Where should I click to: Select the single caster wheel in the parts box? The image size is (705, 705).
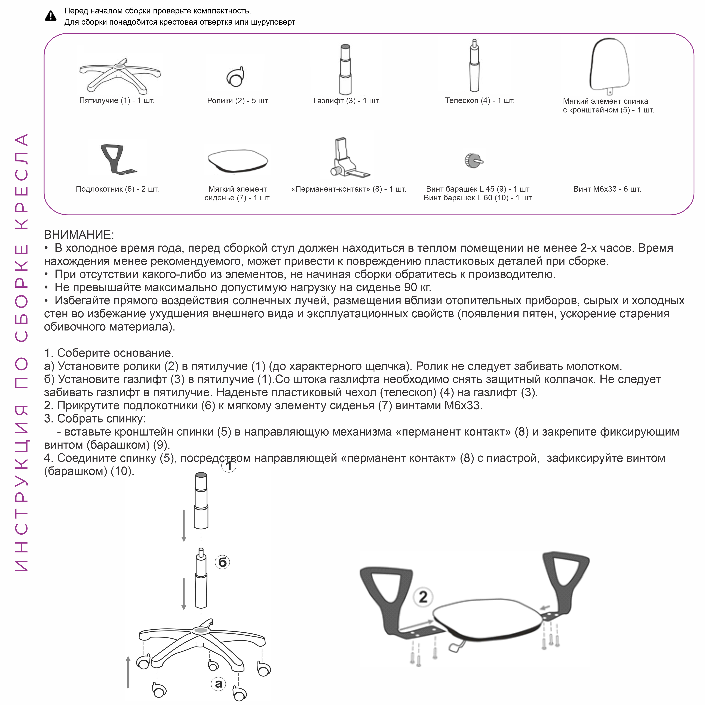[235, 77]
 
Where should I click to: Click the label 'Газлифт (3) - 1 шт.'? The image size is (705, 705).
[347, 101]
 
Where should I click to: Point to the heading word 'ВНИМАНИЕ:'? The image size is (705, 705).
[79, 235]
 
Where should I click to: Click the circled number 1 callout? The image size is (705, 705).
[229, 466]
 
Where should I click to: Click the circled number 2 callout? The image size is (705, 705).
[423, 597]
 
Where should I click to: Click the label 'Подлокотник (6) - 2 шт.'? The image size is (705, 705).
[117, 189]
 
